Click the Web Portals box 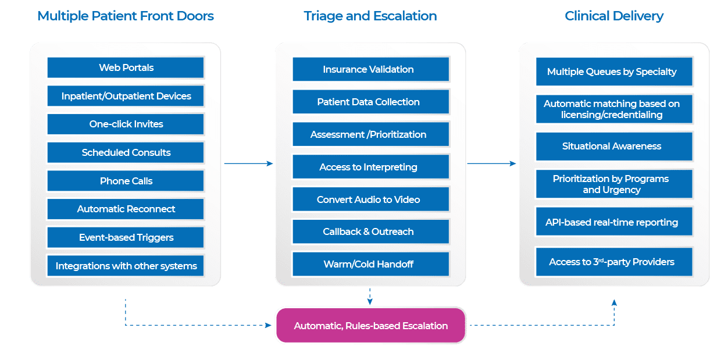click(126, 67)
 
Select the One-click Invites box click(126, 124)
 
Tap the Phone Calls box click(126, 181)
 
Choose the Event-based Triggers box click(126, 237)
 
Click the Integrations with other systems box click(126, 266)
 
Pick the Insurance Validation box click(370, 69)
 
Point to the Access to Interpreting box click(370, 167)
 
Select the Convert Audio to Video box click(370, 199)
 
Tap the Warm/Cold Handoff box click(370, 264)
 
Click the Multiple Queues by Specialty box click(614, 72)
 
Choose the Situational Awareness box click(614, 147)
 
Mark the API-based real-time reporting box click(614, 222)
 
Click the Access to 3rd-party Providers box click(614, 262)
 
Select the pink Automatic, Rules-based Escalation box click(370, 326)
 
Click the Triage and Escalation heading click(370, 16)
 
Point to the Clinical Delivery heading click(614, 16)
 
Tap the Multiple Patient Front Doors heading click(126, 16)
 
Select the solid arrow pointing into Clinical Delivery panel click(491, 163)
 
